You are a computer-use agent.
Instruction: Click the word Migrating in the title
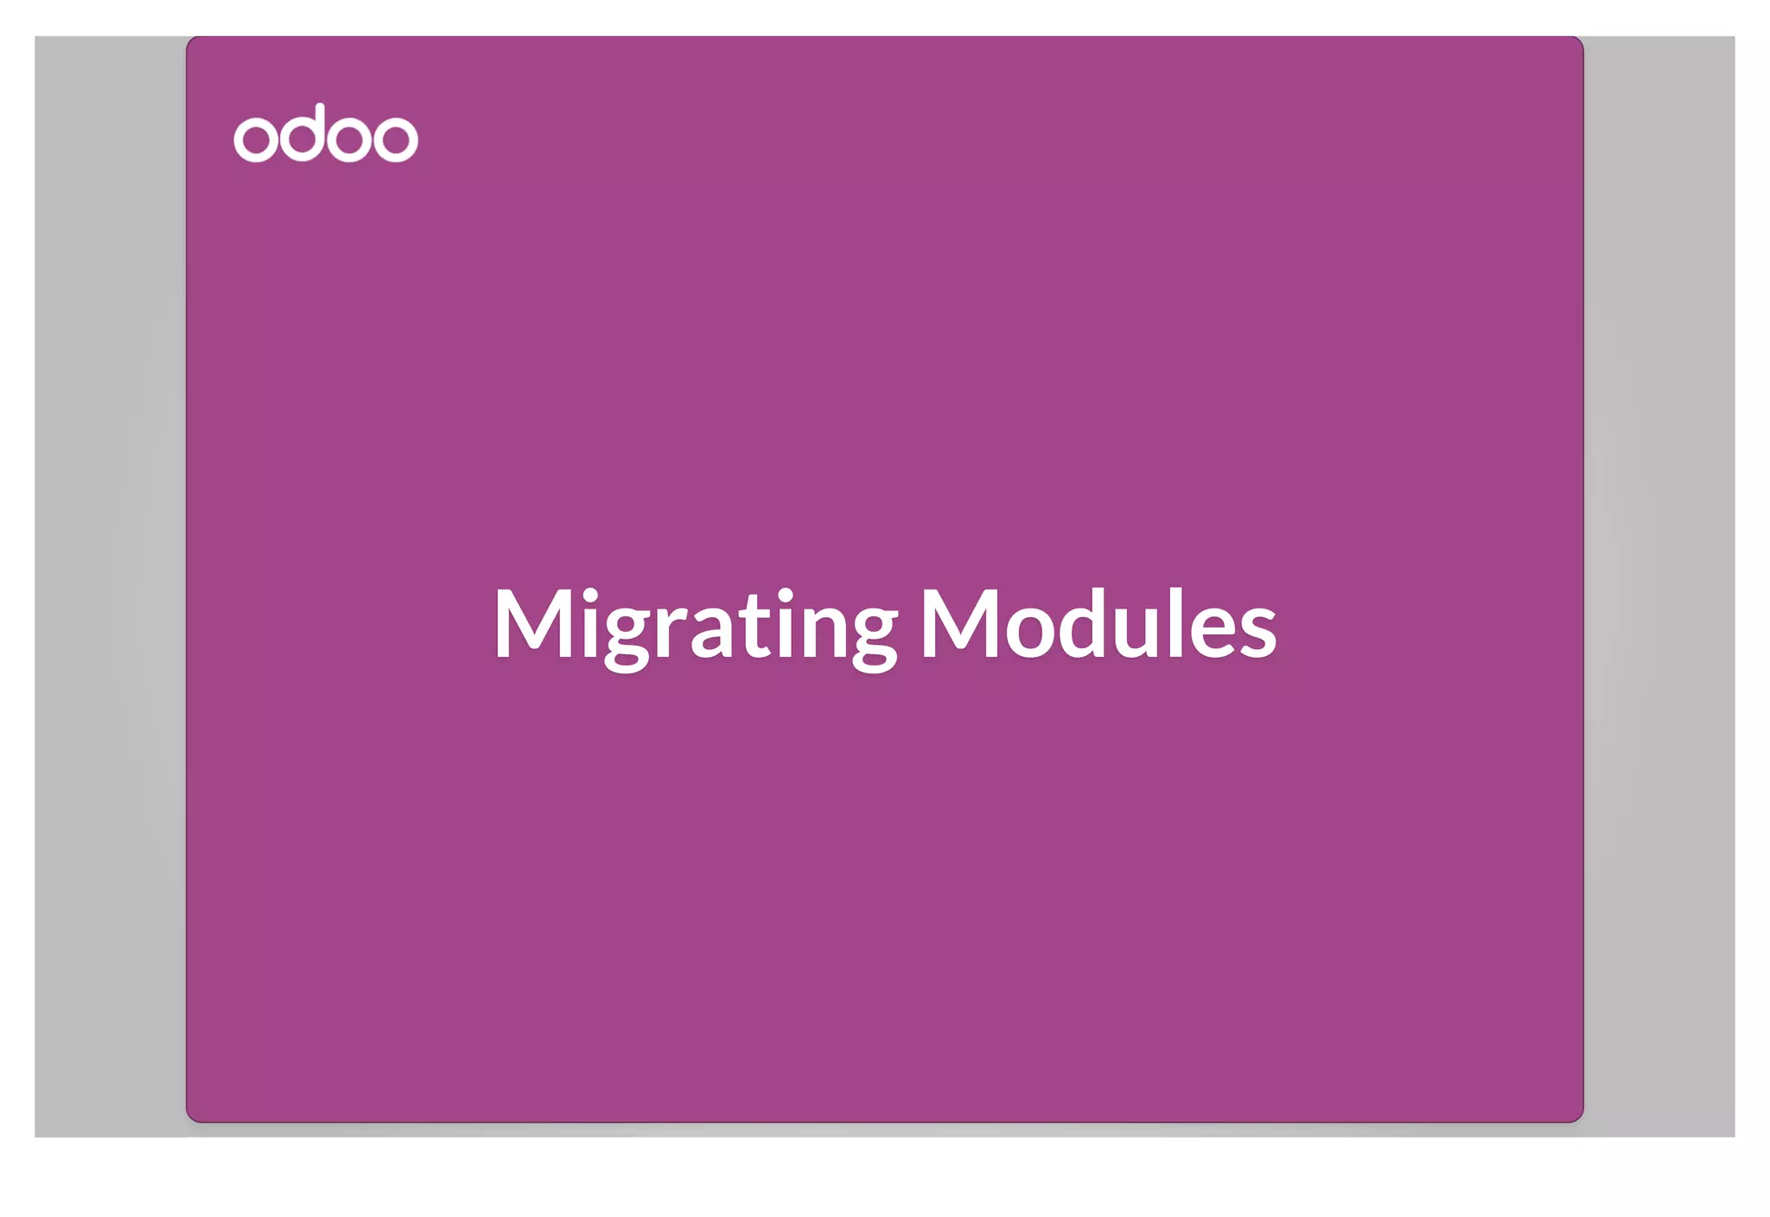pyautogui.click(x=696, y=624)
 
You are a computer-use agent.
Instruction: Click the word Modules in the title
pyautogui.click(x=1098, y=624)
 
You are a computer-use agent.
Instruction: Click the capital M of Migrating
pyautogui.click(x=532, y=622)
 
